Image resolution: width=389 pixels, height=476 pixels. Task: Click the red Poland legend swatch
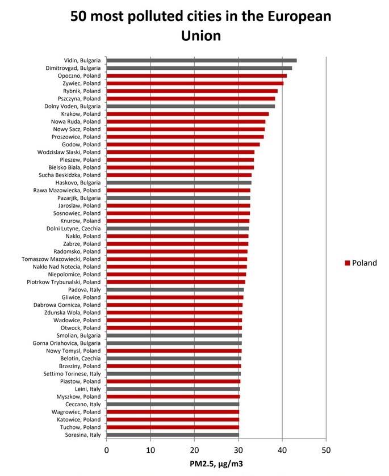(346, 263)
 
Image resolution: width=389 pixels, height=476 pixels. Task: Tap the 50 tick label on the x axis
(326, 450)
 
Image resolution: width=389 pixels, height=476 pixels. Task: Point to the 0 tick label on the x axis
(107, 450)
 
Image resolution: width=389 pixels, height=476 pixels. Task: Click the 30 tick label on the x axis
(238, 450)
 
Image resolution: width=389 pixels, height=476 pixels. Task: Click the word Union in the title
(200, 35)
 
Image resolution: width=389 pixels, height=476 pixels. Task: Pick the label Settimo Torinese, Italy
(72, 374)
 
